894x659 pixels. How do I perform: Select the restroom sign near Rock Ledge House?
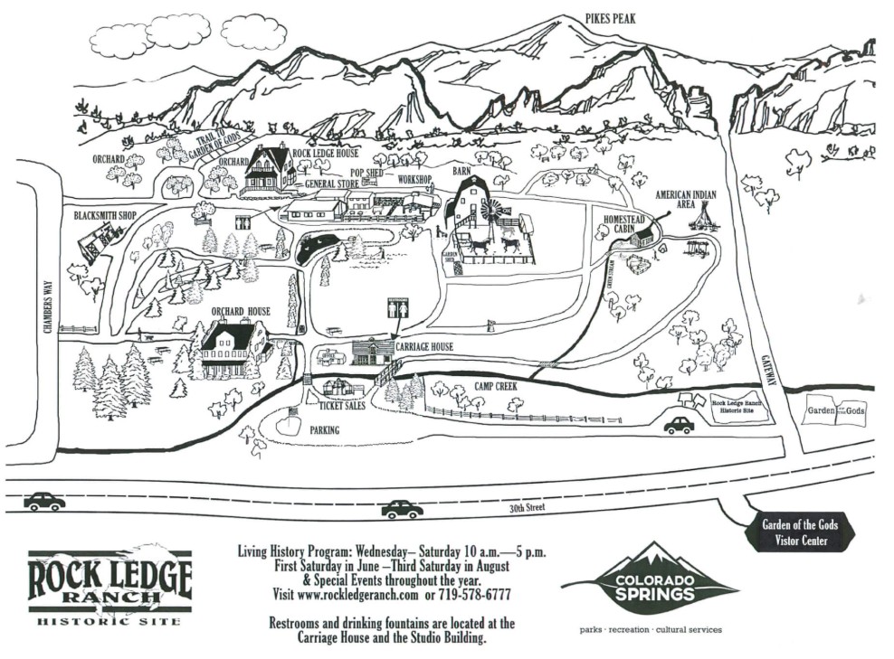[243, 222]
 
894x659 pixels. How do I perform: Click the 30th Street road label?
[526, 508]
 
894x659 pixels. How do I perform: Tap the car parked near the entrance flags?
[679, 425]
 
